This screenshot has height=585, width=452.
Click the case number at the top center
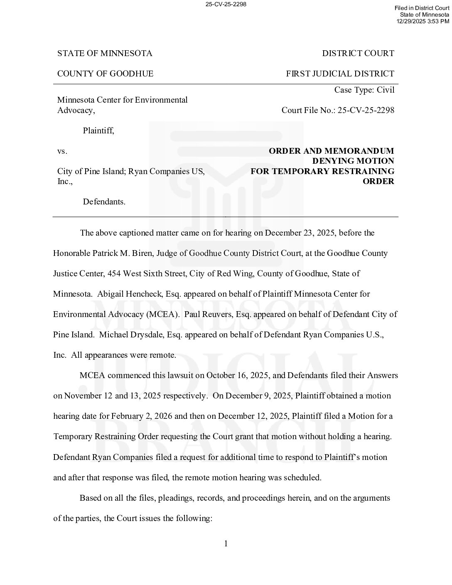(x=226, y=5)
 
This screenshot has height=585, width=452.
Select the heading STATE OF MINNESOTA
(x=105, y=54)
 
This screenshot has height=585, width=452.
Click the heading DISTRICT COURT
(x=358, y=54)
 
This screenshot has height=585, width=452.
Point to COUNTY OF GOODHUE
(x=105, y=74)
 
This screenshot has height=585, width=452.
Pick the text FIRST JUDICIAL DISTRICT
(x=340, y=74)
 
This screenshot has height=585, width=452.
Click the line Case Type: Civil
(x=364, y=90)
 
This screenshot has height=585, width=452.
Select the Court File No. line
(x=338, y=111)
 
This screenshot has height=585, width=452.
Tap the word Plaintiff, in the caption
(x=98, y=131)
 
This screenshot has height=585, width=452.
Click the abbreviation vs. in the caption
(x=62, y=151)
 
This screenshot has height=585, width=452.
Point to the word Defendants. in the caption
(x=104, y=202)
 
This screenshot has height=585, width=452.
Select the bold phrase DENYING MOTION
(x=353, y=161)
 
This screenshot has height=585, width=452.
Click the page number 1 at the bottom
(x=226, y=544)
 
